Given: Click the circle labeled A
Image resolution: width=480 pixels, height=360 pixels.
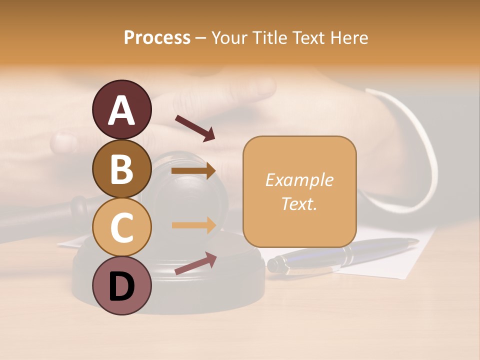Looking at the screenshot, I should [x=121, y=110].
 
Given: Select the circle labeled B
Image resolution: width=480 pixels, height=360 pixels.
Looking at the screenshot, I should [x=121, y=168].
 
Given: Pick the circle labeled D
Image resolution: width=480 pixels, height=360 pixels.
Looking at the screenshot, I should [x=121, y=285].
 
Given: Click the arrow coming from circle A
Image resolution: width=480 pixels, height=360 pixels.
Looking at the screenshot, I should [x=194, y=128].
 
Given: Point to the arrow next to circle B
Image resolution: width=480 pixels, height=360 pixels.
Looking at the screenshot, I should [x=193, y=171].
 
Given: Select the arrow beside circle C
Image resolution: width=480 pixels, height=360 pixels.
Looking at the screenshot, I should [x=193, y=225].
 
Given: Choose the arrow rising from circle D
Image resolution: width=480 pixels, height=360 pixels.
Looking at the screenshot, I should [x=195, y=263].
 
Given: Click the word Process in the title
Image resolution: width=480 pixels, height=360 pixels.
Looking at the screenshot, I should [x=157, y=38].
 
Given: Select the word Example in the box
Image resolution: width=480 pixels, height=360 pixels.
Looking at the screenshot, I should [x=299, y=180].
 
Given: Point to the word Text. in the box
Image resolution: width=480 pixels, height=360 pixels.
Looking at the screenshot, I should [x=299, y=203].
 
